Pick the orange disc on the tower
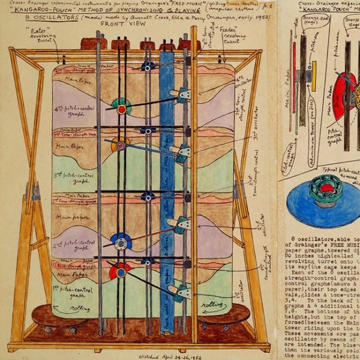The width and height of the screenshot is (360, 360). click(120, 145)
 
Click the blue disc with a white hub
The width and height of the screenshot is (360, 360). click(122, 242)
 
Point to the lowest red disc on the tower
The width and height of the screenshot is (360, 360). click(119, 271)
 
